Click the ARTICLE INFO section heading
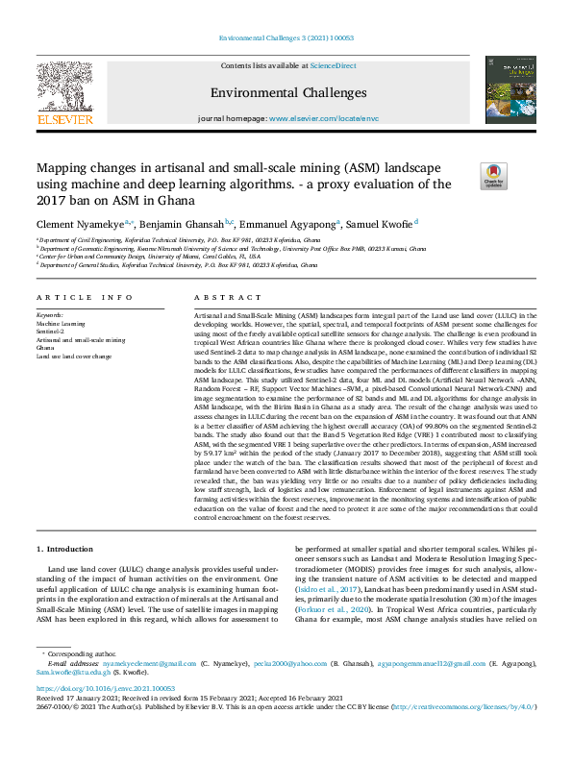pos(85,298)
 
